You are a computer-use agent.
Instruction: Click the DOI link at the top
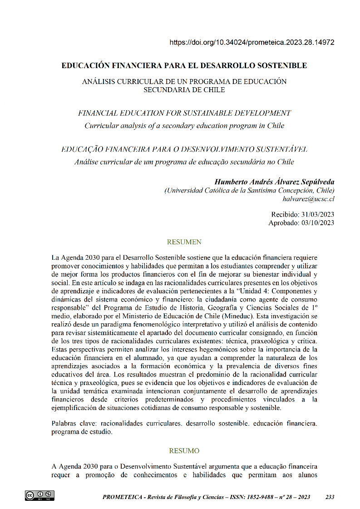(252, 43)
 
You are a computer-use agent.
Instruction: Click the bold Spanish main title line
(184, 66)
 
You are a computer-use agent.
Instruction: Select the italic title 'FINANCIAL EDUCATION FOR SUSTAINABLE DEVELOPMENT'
(184, 113)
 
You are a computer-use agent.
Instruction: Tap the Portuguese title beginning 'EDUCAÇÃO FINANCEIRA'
(184, 149)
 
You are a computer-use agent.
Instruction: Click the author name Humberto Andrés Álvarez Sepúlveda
(274, 182)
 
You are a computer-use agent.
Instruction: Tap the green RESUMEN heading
(184, 242)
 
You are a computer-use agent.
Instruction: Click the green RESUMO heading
(184, 451)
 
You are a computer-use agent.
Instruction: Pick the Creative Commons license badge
(39, 495)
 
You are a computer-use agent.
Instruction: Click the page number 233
(330, 497)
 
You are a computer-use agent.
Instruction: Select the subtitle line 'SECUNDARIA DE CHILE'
(184, 90)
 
